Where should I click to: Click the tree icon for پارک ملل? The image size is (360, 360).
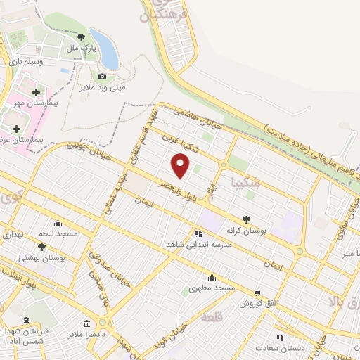pyautogui.click(x=82, y=37)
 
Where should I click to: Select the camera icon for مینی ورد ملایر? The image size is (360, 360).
pyautogui.click(x=103, y=76)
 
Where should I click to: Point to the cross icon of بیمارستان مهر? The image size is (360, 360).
pyautogui.click(x=36, y=92)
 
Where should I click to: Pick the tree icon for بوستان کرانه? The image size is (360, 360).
pyautogui.click(x=246, y=219)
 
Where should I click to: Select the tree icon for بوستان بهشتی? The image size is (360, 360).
pyautogui.click(x=41, y=247)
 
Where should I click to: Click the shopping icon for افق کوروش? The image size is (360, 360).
pyautogui.click(x=257, y=293)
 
